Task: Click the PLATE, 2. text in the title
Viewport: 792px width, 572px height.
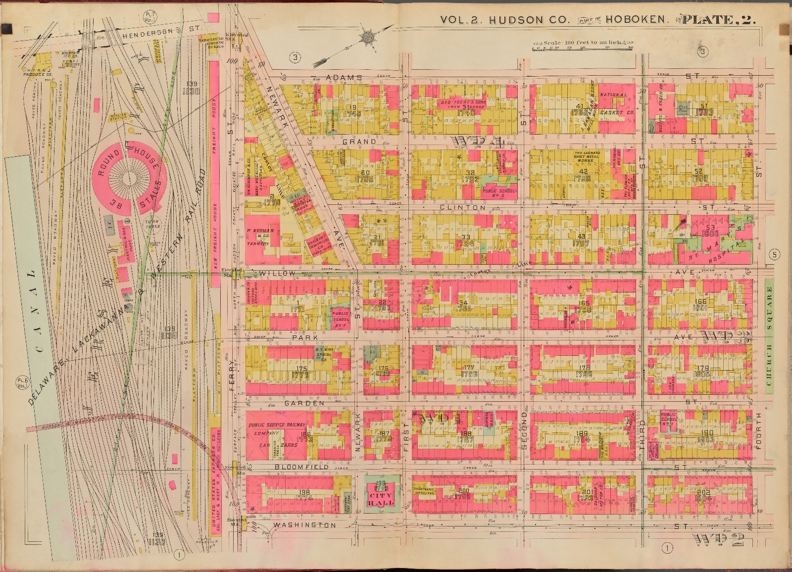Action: coord(718,20)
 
